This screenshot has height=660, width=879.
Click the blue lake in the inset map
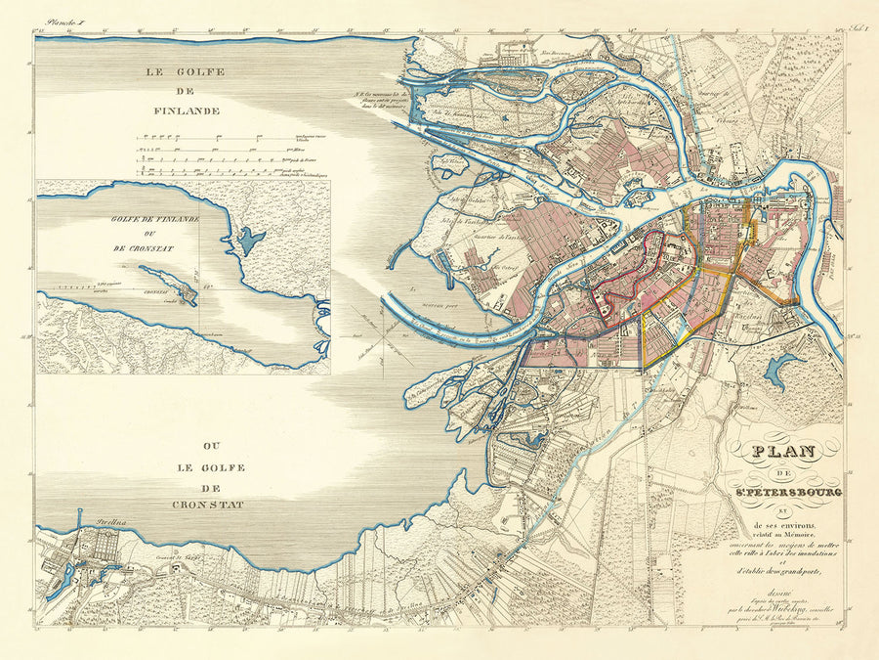pyautogui.click(x=250, y=239)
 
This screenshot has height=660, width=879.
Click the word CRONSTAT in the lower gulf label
pyautogui.click(x=195, y=505)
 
